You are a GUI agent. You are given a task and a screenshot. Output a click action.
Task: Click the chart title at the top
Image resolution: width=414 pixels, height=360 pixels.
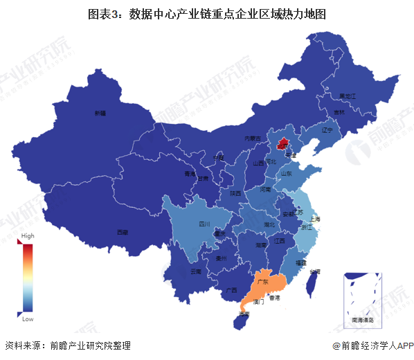(x=207, y=13)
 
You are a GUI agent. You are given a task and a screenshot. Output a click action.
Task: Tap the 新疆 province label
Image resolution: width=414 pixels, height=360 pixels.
(x=100, y=114)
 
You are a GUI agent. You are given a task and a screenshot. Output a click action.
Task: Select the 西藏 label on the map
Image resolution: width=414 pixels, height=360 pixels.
(x=123, y=232)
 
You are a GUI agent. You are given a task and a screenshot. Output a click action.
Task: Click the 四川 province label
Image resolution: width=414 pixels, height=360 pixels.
(x=204, y=224)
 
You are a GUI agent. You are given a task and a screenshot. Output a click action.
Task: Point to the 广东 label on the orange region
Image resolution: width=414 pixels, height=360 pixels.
(x=262, y=282)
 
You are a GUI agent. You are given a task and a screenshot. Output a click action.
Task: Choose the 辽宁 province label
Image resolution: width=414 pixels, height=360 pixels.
(x=327, y=130)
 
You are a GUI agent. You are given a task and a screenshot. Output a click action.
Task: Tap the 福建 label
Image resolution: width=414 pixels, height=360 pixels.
(x=300, y=263)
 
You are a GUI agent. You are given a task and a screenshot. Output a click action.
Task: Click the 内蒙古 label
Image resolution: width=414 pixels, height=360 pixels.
(x=254, y=138)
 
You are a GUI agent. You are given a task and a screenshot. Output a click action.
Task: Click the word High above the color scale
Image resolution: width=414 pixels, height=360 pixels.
(x=28, y=236)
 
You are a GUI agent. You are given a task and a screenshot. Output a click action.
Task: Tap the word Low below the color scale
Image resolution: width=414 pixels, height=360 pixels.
(x=28, y=319)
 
